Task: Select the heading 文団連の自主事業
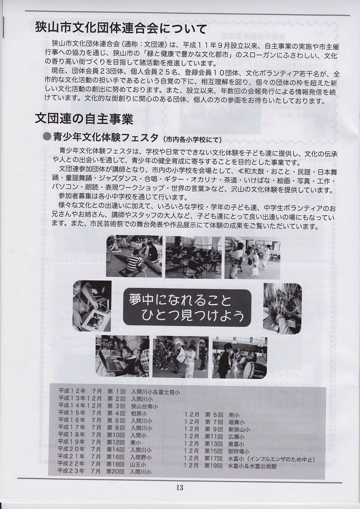click(84, 119)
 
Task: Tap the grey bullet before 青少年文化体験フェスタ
click(47, 137)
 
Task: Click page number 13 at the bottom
click(179, 487)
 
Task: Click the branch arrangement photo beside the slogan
click(282, 309)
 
